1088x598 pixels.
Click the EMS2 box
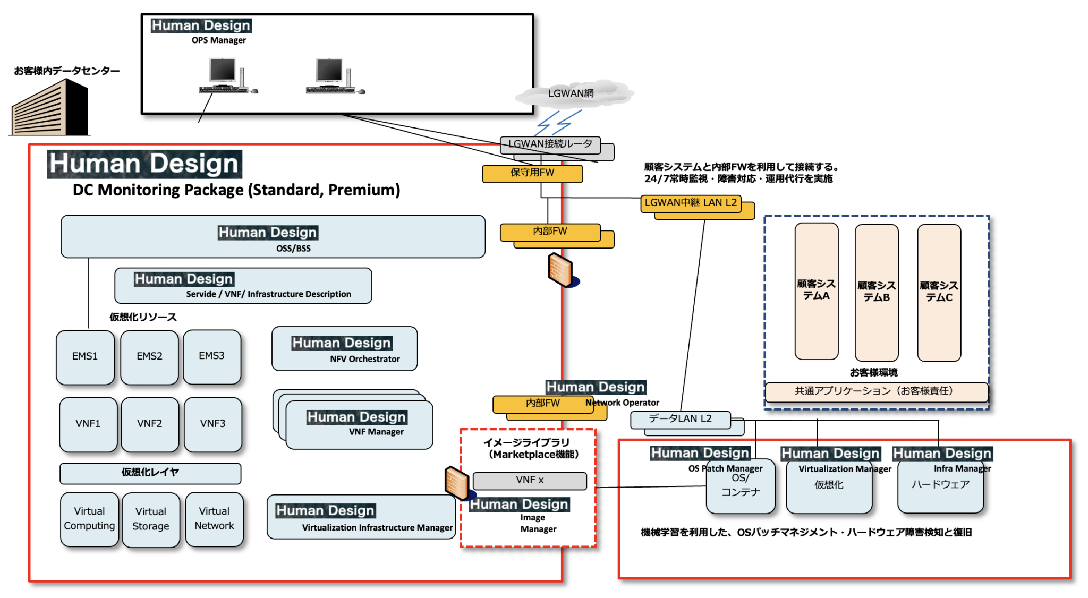(149, 356)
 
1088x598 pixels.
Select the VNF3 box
(212, 424)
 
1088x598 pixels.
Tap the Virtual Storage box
(151, 519)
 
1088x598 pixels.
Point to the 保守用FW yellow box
(532, 173)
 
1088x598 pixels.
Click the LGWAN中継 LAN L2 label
(690, 203)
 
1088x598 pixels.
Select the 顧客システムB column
(876, 292)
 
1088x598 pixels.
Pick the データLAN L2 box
(680, 419)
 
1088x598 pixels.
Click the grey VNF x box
(530, 480)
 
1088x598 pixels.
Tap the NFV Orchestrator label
(364, 359)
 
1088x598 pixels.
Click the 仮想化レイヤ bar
(150, 473)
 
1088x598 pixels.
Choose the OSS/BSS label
(293, 249)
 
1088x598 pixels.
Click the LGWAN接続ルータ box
(550, 144)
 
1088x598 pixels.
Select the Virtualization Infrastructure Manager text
(377, 528)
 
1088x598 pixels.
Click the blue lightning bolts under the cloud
(558, 123)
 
